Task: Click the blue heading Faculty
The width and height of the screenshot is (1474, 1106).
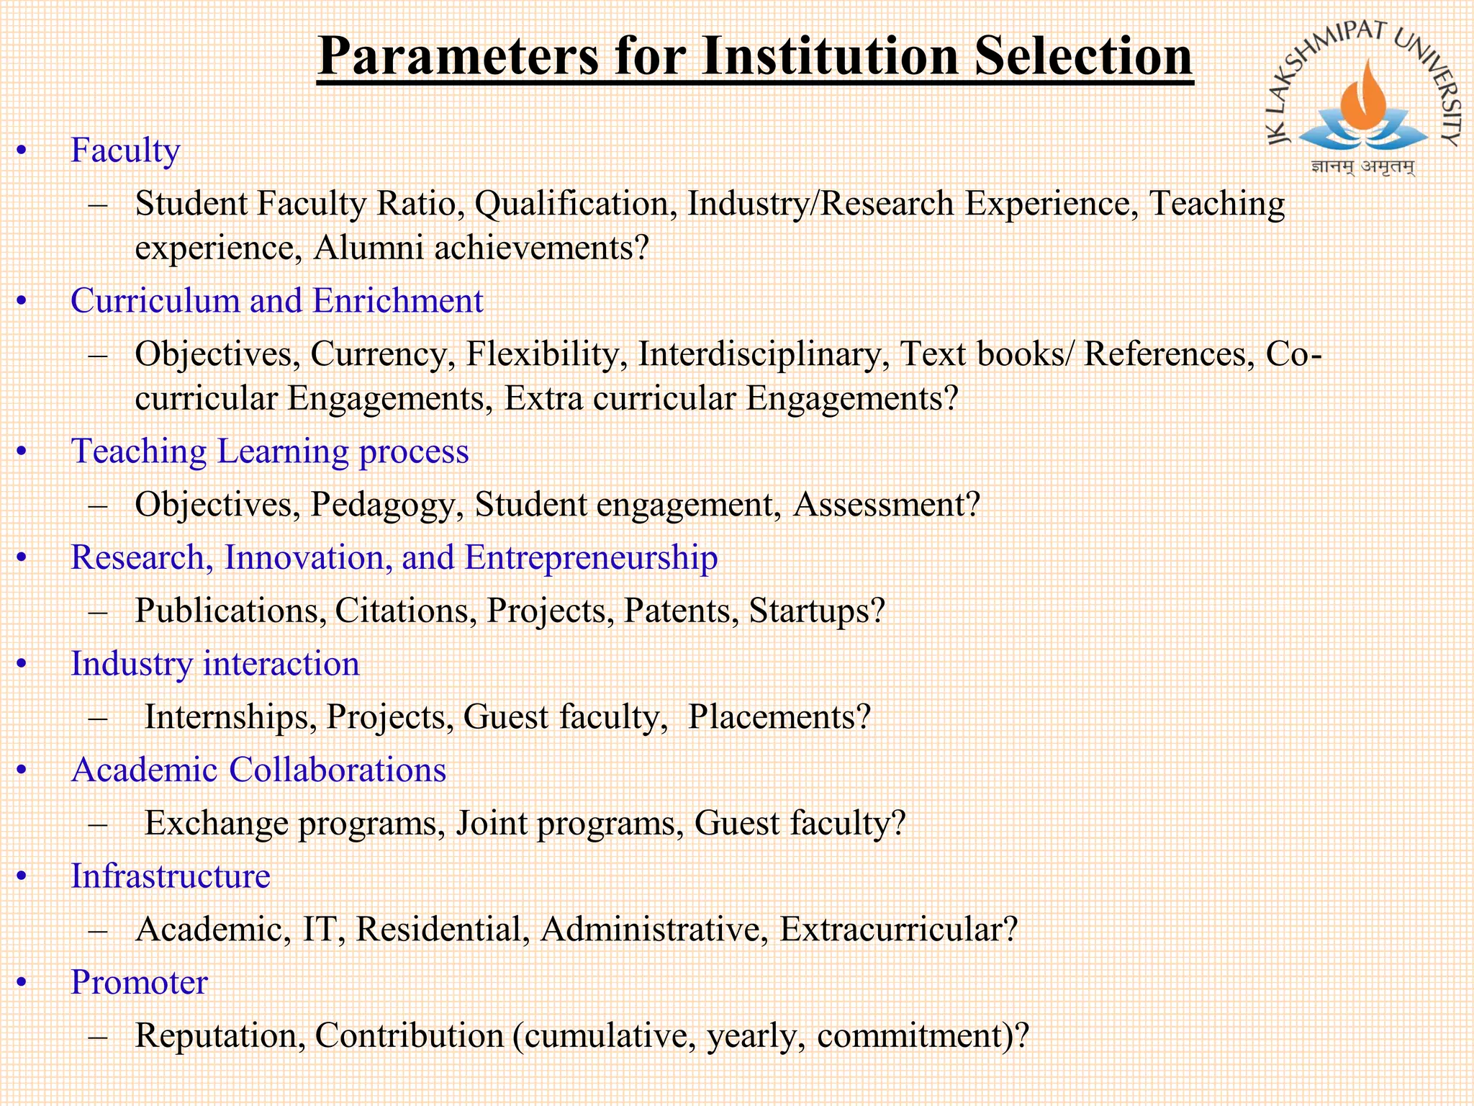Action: click(125, 150)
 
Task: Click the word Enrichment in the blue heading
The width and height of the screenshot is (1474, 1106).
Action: click(398, 301)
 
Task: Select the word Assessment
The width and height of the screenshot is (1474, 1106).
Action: click(886, 504)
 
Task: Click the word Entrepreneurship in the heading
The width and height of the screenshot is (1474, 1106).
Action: click(591, 557)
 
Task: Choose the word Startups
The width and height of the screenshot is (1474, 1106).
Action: click(815, 611)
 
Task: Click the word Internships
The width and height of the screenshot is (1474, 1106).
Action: click(230, 717)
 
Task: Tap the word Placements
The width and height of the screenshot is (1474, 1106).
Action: click(779, 717)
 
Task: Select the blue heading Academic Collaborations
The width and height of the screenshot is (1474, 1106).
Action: click(258, 770)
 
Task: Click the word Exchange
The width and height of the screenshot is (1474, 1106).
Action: click(216, 823)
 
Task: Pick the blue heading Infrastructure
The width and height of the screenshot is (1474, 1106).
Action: click(171, 876)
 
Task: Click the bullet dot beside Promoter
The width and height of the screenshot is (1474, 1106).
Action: click(22, 982)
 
